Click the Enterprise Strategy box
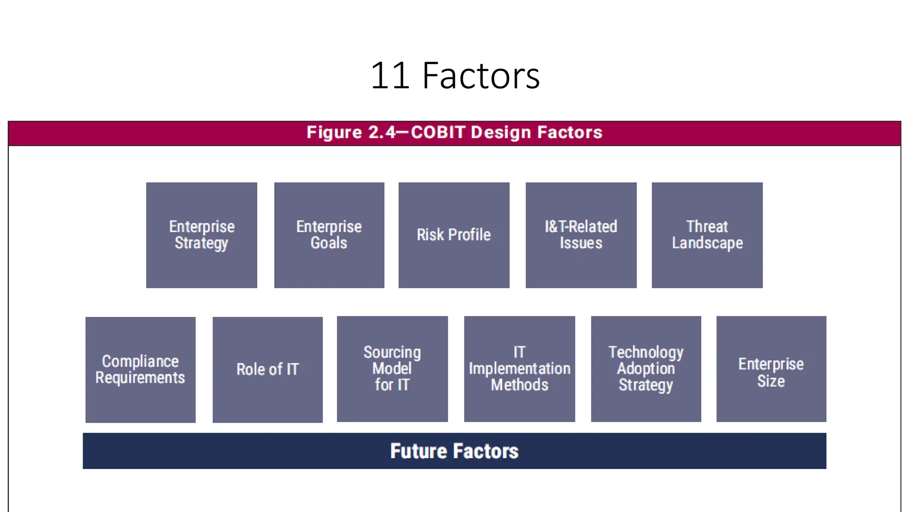click(201, 235)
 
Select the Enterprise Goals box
click(329, 235)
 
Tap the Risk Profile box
click(454, 235)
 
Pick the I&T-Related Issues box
click(581, 235)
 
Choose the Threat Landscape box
click(707, 235)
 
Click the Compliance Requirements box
click(140, 369)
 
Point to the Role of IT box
click(267, 369)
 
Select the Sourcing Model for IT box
click(392, 369)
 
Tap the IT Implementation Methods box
click(519, 369)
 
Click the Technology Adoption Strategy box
click(646, 369)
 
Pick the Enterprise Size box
click(771, 369)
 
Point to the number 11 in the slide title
click(390, 76)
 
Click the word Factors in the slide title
click(481, 76)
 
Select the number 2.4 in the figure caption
click(382, 132)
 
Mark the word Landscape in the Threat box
click(707, 243)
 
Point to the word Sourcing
click(392, 352)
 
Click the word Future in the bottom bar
click(418, 451)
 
